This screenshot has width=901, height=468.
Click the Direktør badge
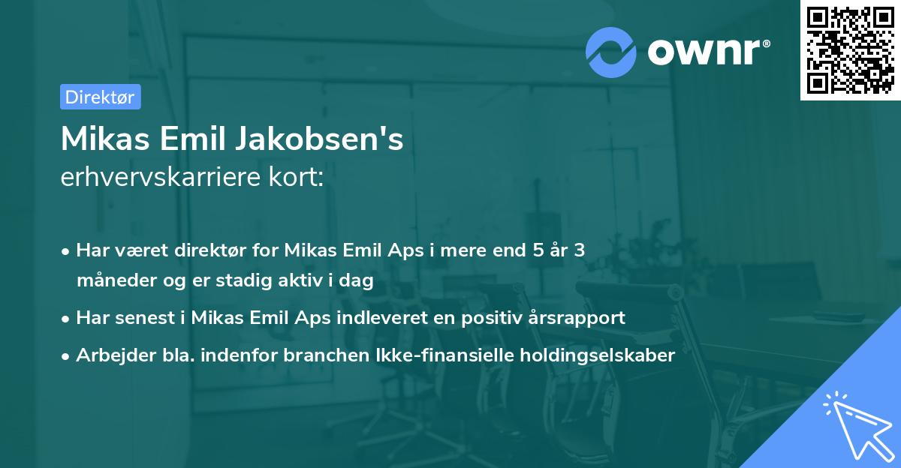pos(100,97)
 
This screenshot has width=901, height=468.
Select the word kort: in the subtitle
pos(300,178)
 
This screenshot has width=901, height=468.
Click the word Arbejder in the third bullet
pos(110,355)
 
